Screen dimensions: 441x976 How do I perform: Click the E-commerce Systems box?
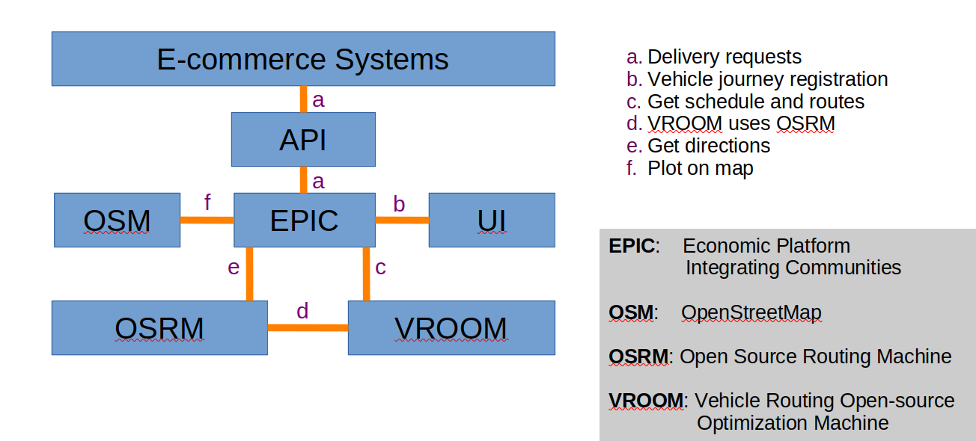(303, 58)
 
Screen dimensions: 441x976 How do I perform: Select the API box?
(303, 139)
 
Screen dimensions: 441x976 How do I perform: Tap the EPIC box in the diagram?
(304, 220)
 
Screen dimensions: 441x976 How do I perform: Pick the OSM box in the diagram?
(117, 220)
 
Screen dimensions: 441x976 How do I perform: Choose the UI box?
(492, 220)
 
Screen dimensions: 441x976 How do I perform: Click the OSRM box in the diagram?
(159, 327)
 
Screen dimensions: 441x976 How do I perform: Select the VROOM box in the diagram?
(451, 327)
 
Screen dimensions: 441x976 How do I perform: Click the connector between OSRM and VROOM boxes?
(308, 327)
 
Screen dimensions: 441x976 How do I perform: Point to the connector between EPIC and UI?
(402, 220)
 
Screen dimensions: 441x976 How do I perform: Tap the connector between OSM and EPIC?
(207, 220)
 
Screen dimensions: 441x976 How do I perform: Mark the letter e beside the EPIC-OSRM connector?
(234, 267)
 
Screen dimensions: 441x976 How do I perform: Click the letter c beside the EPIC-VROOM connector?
(380, 267)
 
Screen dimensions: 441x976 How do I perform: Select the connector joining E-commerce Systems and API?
(303, 99)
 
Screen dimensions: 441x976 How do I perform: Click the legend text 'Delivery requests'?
(724, 57)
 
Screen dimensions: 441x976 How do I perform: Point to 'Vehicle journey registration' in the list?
(767, 79)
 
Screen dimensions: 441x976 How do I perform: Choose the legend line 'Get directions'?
(708, 146)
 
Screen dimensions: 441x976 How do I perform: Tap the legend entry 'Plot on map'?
(701, 168)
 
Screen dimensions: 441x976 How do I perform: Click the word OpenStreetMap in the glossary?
(751, 312)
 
